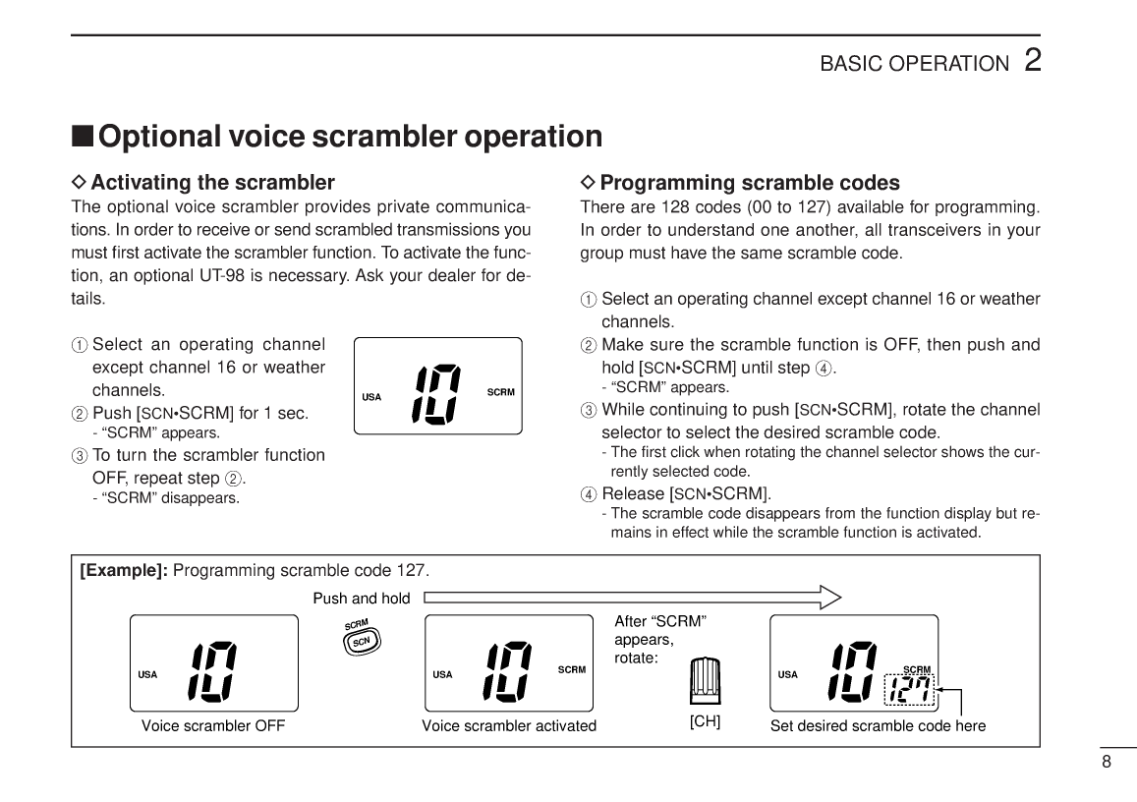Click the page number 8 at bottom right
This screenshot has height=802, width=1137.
click(1106, 762)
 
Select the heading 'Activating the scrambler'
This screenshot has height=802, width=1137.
click(212, 183)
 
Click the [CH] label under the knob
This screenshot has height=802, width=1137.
click(705, 721)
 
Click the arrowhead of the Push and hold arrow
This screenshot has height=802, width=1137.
click(830, 598)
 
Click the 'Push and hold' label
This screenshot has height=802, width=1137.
click(361, 599)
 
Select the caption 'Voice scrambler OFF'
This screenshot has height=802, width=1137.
click(213, 726)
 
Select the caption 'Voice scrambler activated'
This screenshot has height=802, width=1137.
click(509, 726)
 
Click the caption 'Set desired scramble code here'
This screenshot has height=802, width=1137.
click(878, 726)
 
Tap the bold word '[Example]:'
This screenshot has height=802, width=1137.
click(124, 571)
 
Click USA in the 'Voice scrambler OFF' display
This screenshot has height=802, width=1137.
click(147, 675)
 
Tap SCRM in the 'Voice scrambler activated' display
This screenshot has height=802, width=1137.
click(571, 670)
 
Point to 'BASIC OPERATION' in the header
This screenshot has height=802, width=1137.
click(914, 64)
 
